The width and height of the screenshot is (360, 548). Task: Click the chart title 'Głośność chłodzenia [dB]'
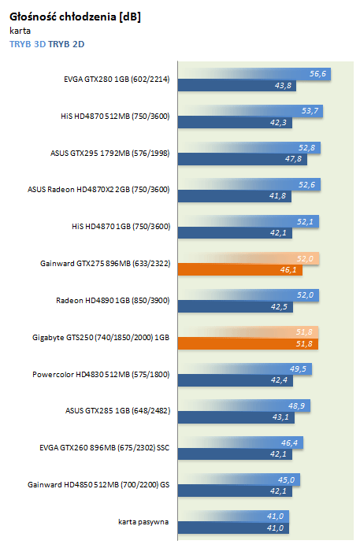click(x=75, y=17)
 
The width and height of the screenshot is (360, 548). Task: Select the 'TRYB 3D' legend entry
click(x=28, y=44)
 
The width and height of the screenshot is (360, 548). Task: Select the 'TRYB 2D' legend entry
click(x=66, y=44)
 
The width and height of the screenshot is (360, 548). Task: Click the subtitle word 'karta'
click(x=20, y=31)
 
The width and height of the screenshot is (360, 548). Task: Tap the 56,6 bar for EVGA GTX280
click(x=254, y=74)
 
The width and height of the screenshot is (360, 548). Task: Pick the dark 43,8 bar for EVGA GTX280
click(x=237, y=86)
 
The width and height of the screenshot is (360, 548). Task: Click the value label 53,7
click(x=310, y=111)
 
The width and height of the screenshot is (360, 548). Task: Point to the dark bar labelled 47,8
click(x=242, y=159)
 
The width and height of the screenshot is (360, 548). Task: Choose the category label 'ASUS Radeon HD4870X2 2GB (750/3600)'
click(x=98, y=190)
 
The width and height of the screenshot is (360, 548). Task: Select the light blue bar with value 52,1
click(x=248, y=221)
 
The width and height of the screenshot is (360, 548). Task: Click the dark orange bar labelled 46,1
click(x=240, y=270)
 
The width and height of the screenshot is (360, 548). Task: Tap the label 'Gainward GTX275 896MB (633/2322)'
click(x=106, y=263)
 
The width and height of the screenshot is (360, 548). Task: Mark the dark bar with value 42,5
click(x=236, y=307)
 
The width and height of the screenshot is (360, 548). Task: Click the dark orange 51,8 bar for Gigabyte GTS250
click(x=248, y=343)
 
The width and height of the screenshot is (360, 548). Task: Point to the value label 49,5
click(x=298, y=369)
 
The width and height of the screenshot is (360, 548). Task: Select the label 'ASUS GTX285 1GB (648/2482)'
click(x=118, y=411)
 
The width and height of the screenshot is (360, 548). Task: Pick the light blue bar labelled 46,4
click(x=240, y=442)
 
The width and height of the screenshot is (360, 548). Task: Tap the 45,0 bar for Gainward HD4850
click(x=239, y=479)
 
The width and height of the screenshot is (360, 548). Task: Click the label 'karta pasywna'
click(x=143, y=522)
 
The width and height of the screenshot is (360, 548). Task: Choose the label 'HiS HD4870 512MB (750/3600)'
click(x=115, y=116)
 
